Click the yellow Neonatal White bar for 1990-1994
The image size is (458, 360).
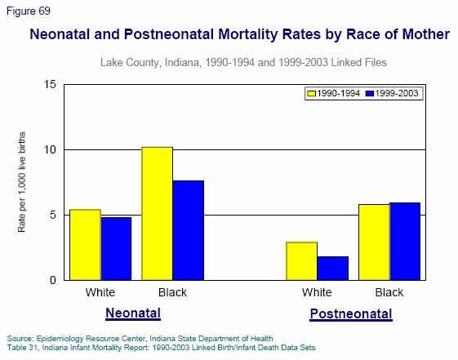tap(85, 245)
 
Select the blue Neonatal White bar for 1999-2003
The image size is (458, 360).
tap(116, 248)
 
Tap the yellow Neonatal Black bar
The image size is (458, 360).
tap(157, 213)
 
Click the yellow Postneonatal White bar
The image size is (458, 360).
tap(301, 260)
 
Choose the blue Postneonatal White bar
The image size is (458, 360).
tap(332, 268)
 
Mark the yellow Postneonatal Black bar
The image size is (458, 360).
tap(373, 242)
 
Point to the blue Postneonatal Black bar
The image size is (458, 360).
tap(404, 241)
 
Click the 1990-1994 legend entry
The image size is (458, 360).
tap(335, 94)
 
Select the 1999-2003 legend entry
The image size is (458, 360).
tap(392, 94)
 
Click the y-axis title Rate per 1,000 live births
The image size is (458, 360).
tap(22, 181)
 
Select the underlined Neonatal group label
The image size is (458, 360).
tap(133, 313)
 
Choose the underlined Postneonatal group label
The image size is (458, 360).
tap(351, 314)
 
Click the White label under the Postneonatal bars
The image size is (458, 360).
tap(317, 293)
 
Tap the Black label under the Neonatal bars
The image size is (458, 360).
tap(171, 293)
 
